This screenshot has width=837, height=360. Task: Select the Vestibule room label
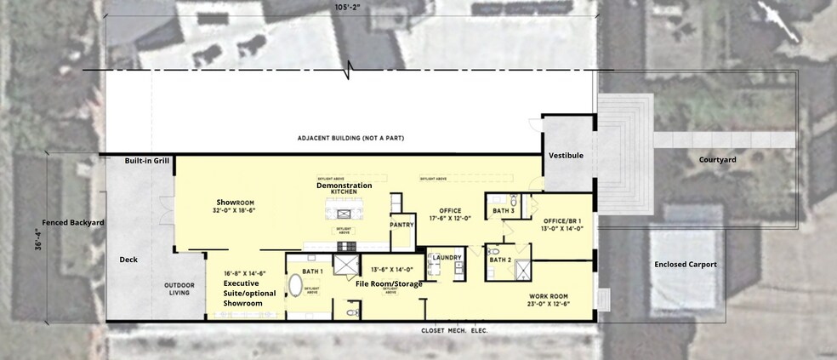coord(566,156)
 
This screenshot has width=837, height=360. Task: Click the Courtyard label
coord(716,160)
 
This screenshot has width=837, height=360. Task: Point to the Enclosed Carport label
coord(685,265)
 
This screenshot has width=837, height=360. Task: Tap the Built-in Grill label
coord(146,161)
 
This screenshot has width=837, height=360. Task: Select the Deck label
coord(128,260)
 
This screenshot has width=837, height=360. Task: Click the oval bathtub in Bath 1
coord(297,284)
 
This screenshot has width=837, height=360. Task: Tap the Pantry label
coord(401,225)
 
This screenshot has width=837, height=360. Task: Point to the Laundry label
coord(447,257)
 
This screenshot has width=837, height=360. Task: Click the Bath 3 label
coord(504,210)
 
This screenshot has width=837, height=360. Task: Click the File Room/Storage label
coord(389,283)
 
